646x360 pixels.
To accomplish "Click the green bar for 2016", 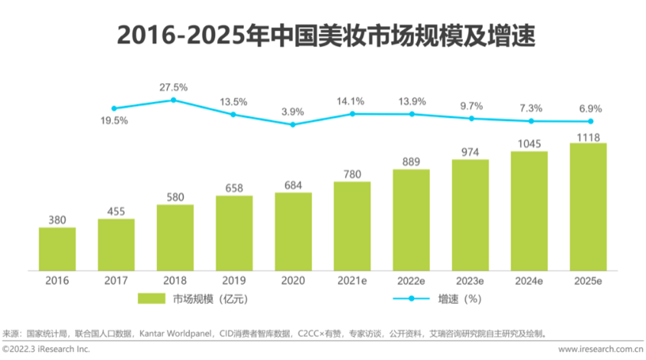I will pos(57,248).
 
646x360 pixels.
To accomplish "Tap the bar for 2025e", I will pos(589,207).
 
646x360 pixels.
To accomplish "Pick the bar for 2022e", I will pos(412,219).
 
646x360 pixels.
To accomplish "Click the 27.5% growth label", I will pos(173,87).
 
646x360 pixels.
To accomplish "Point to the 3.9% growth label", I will pos(292,112).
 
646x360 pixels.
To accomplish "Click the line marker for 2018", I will pos(173,100).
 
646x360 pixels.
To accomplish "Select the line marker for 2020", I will pos(292,125).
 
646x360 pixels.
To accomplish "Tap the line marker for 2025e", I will pos(590,121).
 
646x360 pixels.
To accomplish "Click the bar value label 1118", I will pos(589,136).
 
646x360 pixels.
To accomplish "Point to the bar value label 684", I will pos(293,185).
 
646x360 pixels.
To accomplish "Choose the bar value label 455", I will pos(116,211).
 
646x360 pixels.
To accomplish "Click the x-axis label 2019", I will pos(234,279).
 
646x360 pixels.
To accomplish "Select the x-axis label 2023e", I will pos(471,279).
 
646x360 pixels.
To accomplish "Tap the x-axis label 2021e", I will pos(352,279).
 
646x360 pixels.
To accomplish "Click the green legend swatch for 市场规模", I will pos(150,298).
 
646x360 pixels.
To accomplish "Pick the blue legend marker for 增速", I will pos(412,298).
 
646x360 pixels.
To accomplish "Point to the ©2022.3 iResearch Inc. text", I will pos(47,349).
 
